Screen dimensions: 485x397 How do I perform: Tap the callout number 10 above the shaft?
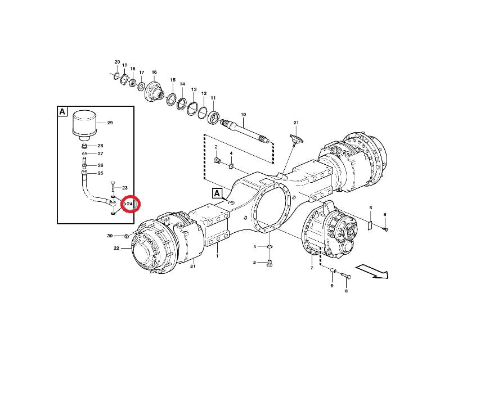pos(243,114)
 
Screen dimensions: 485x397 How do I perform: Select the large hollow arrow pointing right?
pos(372,271)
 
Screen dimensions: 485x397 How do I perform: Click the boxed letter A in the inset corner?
pos(62,111)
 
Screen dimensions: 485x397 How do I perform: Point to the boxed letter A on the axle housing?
pos(217,193)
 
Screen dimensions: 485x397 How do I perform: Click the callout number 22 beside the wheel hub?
pos(116,248)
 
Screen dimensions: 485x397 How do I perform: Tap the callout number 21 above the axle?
pos(296,123)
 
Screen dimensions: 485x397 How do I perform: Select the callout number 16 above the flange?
pos(154,72)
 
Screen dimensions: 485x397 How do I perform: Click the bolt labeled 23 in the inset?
pos(113,188)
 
